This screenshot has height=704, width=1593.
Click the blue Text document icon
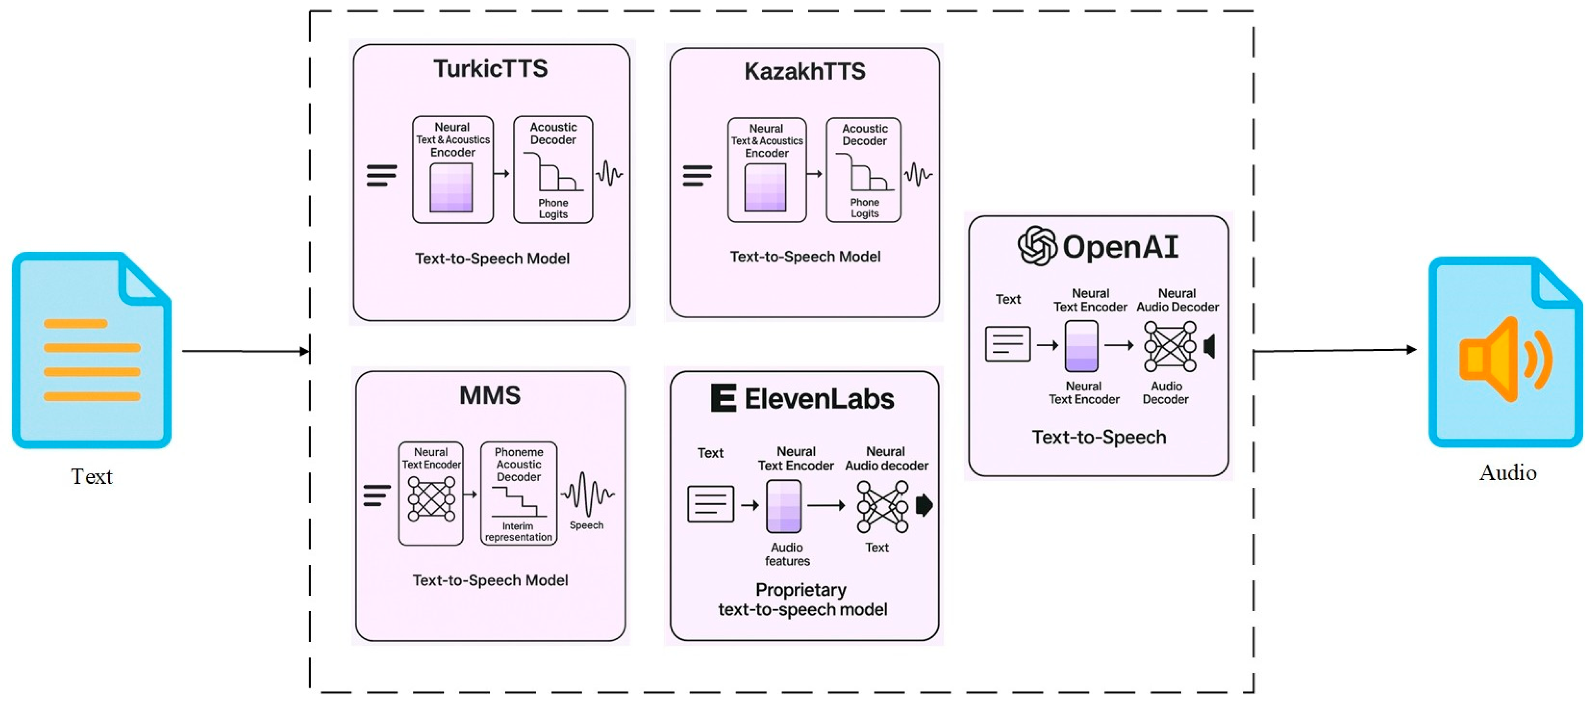(x=92, y=350)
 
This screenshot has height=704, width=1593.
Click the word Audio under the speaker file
(x=1508, y=473)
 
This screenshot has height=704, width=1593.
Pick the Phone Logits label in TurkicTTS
(x=553, y=208)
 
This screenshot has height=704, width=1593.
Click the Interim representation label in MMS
(x=518, y=531)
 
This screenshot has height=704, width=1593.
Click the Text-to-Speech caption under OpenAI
(x=1099, y=437)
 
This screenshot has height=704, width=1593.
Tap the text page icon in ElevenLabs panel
(x=710, y=504)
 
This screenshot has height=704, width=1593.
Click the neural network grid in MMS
(x=431, y=499)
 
